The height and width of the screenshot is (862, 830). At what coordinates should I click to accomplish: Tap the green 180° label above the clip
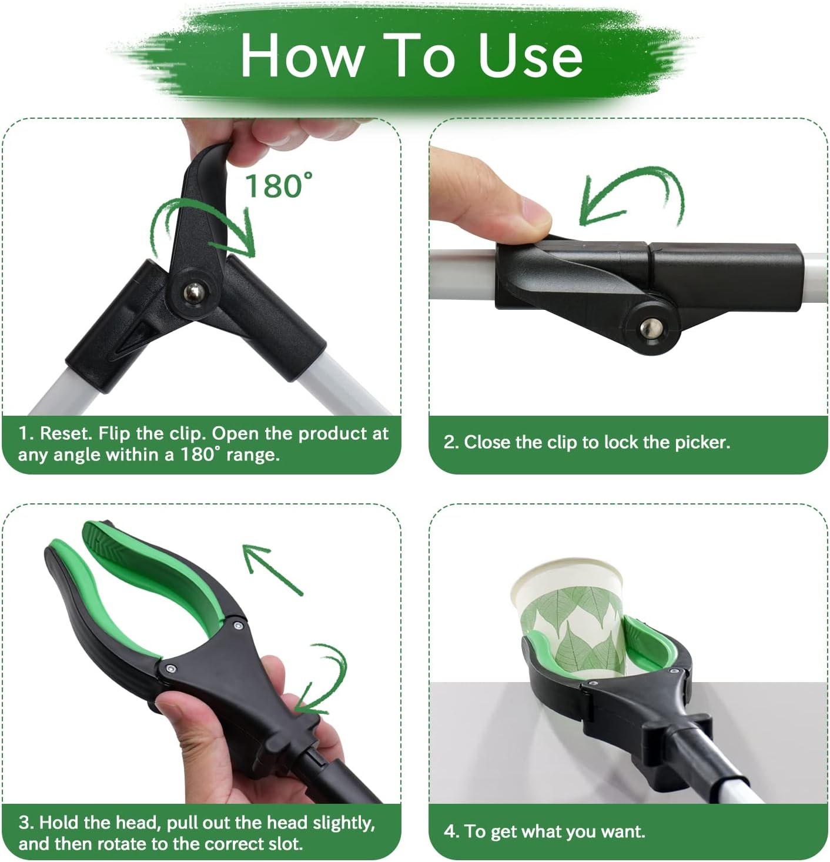tap(279, 186)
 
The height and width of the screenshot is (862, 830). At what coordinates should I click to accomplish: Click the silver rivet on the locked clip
tap(652, 328)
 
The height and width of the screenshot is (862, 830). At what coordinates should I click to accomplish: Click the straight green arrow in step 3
tap(272, 569)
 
